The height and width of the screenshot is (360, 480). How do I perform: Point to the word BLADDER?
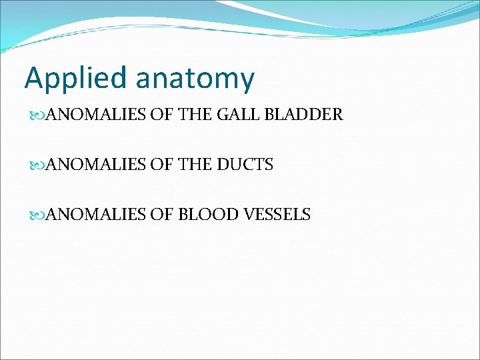pos(303,115)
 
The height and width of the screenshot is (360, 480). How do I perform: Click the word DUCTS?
pos(245,165)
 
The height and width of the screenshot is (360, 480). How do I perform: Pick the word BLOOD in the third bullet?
pos(202,215)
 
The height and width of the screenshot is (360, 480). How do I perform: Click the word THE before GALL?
pos(197,115)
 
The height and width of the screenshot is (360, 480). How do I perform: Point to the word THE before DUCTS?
pos(197,165)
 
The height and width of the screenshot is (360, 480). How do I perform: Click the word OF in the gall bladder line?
pos(160,115)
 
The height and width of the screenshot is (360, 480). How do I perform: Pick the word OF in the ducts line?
pos(160,165)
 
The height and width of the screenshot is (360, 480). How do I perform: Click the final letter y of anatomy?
pos(247,81)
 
